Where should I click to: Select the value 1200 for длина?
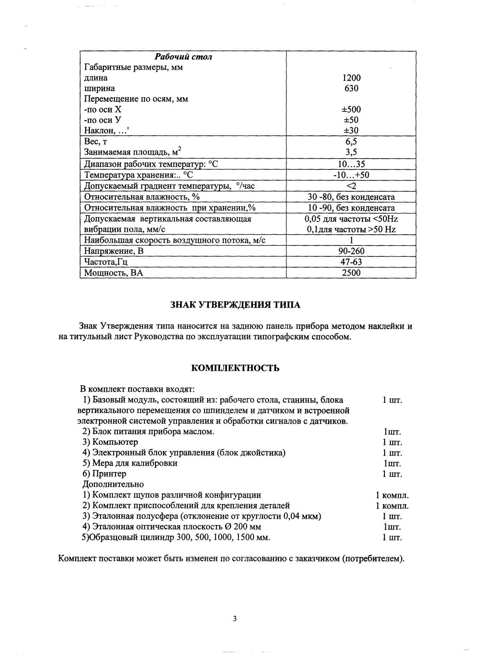pyautogui.click(x=351, y=78)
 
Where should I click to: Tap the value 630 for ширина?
pyautogui.click(x=351, y=89)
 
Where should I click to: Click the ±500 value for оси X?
pyautogui.click(x=351, y=109)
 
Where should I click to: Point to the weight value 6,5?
pyautogui.click(x=351, y=141)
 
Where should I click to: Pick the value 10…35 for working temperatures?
pyautogui.click(x=351, y=164)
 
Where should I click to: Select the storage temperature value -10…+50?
pyautogui.click(x=351, y=175)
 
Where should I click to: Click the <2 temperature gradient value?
pyautogui.click(x=351, y=186)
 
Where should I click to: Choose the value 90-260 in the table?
pyautogui.click(x=351, y=251)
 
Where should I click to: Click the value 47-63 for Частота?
pyautogui.click(x=351, y=262)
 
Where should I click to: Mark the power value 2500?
pyautogui.click(x=351, y=273)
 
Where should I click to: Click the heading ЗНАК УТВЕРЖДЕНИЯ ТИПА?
pyautogui.click(x=235, y=305)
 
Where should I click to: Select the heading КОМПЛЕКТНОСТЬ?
pyautogui.click(x=235, y=368)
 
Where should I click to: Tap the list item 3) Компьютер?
pyautogui.click(x=110, y=442)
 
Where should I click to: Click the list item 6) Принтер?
pyautogui.click(x=104, y=474)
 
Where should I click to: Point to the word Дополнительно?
pyautogui.click(x=113, y=485)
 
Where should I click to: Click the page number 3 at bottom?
pyautogui.click(x=235, y=619)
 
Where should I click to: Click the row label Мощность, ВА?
pyautogui.click(x=113, y=273)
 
